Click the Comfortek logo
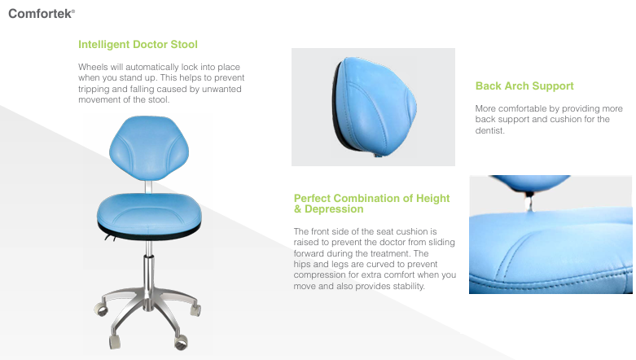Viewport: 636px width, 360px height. pos(42,14)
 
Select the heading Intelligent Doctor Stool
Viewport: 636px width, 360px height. pos(138,44)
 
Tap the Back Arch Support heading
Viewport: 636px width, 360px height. pos(524,86)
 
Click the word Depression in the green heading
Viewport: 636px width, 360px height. pos(334,209)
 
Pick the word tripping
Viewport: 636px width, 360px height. pos(94,90)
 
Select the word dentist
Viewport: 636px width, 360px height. pos(490,130)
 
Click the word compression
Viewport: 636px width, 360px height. pos(317,275)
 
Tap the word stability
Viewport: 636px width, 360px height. pos(410,286)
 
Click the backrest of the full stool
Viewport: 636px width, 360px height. pos(149,147)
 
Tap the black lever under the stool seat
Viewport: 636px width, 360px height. pos(110,237)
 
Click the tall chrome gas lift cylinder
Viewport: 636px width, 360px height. pos(149,272)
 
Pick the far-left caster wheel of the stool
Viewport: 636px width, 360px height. pos(101,310)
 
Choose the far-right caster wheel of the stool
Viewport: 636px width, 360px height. pos(195,310)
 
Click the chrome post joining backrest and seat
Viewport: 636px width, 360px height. pos(148,187)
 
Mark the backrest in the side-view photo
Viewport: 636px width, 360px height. pos(374,107)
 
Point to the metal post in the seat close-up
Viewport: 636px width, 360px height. pos(529,202)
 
